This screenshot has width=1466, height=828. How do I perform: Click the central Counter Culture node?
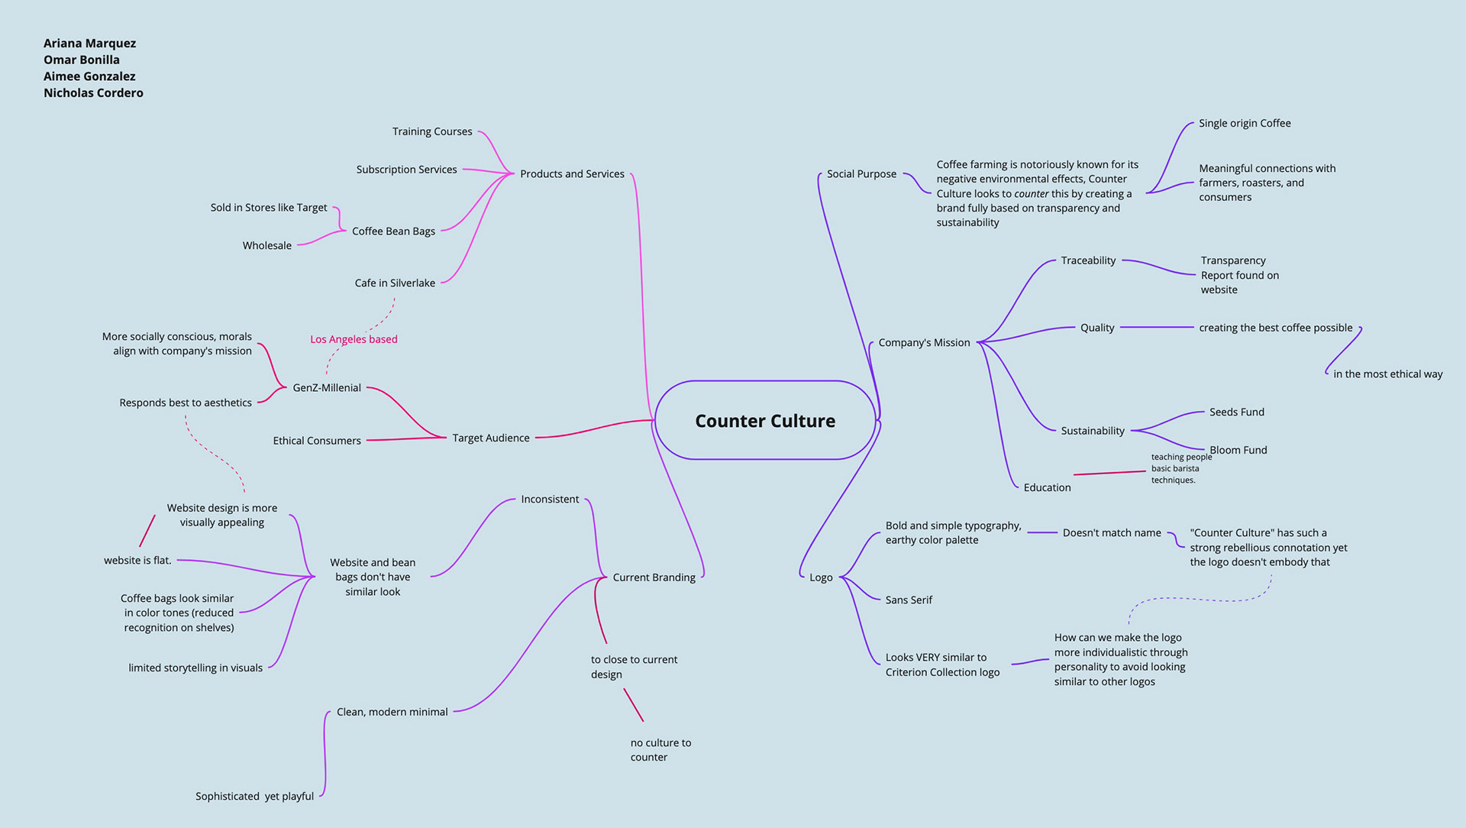764,421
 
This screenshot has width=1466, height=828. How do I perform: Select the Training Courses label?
432,131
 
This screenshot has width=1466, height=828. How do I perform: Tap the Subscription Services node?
406,170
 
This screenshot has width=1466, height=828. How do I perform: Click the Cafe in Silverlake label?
395,283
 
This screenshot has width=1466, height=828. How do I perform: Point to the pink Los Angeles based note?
354,339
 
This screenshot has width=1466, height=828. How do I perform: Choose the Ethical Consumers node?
317,441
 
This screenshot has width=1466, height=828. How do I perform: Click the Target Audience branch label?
490,438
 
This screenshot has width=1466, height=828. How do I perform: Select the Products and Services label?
572,174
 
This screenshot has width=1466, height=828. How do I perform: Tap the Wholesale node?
266,245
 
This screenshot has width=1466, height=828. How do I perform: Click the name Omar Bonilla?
82,60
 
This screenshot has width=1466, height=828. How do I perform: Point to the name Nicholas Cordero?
93,92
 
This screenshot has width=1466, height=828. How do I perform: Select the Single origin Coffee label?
1245,123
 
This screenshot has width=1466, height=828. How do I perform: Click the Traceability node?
1088,260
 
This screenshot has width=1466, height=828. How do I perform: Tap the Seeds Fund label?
1236,412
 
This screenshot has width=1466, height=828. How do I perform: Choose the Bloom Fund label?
1238,450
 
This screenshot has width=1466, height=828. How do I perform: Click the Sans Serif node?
909,600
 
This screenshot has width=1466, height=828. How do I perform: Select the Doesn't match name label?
1112,532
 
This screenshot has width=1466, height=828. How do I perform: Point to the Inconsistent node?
550,499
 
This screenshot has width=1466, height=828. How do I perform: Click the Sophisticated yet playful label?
254,796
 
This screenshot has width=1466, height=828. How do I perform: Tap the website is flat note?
137,560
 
